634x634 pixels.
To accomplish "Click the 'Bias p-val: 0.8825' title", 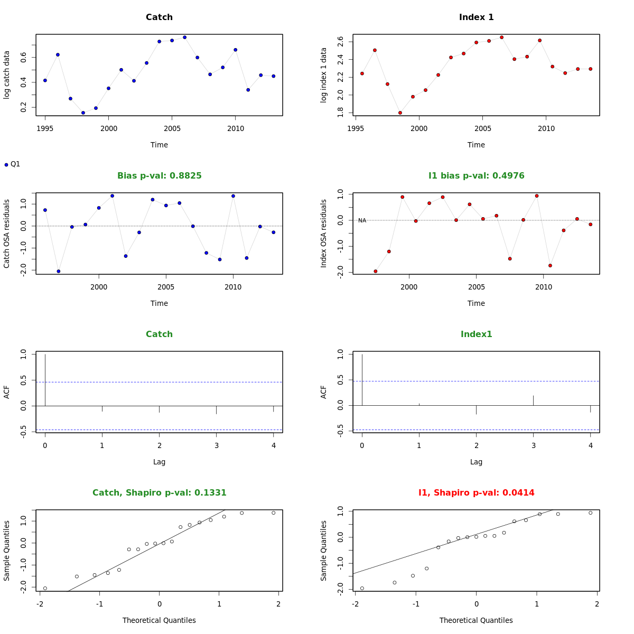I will point(159,176).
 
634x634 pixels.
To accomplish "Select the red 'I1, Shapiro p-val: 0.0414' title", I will point(476,493).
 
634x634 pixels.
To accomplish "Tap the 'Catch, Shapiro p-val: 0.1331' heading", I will point(159,493).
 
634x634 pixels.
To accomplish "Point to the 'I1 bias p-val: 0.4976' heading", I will point(476,176).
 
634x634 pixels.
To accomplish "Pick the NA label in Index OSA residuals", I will point(362,220).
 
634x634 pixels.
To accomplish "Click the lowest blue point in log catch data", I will point(83,113).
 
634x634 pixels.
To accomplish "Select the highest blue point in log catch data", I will point(184,37).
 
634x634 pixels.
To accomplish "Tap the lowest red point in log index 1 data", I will point(400,113).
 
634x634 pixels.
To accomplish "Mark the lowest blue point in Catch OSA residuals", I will point(58,271).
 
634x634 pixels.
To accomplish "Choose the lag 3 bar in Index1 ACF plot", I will point(533,400).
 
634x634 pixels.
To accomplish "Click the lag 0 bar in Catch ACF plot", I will point(45,379).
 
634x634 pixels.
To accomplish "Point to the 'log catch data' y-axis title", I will point(7,74).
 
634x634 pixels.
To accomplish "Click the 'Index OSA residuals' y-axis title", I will point(324,233).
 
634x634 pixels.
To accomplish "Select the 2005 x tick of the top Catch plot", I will point(172,128).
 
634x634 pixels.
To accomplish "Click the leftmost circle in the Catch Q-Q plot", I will point(45,588).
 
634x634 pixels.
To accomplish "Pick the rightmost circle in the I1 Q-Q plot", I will point(590,512).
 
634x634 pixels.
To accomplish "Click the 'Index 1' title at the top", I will point(476,17).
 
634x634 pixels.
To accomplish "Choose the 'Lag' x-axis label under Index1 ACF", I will point(476,462).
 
